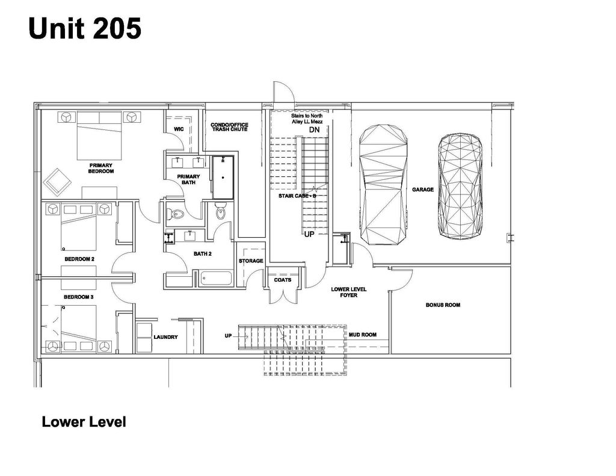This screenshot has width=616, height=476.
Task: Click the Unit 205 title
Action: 85,28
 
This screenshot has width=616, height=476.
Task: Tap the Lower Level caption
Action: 84,422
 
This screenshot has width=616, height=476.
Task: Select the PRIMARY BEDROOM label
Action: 101,168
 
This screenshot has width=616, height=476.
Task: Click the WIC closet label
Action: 179,129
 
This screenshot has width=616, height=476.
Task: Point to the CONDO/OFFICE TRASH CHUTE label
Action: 229,127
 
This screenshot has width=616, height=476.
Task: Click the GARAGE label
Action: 423,190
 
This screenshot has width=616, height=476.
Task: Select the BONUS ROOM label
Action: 443,305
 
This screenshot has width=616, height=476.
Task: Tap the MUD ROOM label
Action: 363,335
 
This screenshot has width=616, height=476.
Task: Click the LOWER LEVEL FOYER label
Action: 349,292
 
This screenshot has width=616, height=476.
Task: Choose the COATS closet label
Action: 283,280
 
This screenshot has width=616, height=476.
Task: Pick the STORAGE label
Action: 251,261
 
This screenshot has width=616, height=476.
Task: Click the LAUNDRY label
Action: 165,337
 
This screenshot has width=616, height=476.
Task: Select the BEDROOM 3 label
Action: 79,297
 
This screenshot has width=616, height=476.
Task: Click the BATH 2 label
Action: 203,254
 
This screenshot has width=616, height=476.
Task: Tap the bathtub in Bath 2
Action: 215,279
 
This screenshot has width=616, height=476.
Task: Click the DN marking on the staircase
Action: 314,130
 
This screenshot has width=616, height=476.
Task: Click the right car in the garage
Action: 460,185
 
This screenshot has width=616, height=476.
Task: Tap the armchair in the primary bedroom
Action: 58,180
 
